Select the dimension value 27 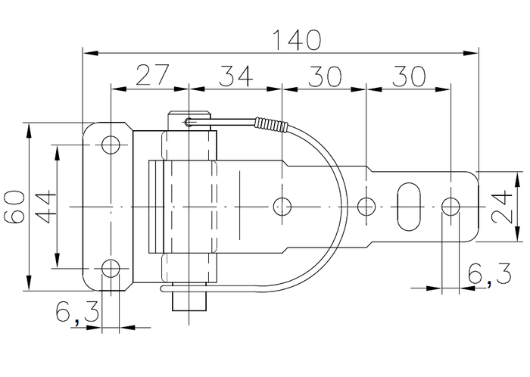pos(151,75)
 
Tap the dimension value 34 pos(235,75)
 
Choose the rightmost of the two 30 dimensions pos(408,75)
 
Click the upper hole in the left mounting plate pos(111,144)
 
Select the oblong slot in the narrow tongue pos(409,205)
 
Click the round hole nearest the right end pos(450,205)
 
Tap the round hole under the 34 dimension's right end pos(282,205)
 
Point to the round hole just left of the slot pos(366,205)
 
